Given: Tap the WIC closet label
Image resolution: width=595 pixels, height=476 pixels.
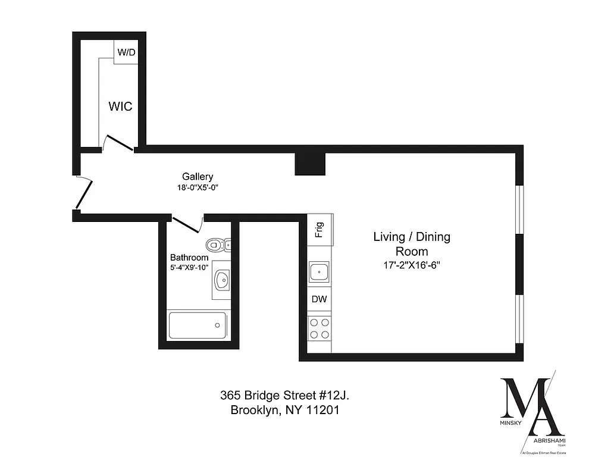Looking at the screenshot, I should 120,107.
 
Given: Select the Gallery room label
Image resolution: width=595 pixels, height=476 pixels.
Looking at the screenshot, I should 197,177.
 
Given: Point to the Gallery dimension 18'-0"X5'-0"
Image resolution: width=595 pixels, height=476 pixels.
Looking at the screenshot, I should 197,187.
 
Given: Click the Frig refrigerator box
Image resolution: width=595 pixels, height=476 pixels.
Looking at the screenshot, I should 320,229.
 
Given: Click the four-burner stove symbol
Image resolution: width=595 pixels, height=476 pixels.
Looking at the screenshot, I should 320,328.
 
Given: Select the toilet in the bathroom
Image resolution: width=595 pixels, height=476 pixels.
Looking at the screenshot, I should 217,245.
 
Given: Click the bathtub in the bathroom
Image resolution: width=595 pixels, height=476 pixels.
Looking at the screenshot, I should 197,325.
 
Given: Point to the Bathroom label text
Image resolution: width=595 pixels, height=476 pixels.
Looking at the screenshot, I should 189,258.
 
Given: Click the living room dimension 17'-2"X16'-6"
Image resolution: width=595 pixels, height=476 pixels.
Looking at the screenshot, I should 412,265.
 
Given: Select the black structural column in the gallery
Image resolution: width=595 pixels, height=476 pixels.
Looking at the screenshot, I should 311,163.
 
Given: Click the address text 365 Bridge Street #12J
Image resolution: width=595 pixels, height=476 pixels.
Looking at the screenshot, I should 289,395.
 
